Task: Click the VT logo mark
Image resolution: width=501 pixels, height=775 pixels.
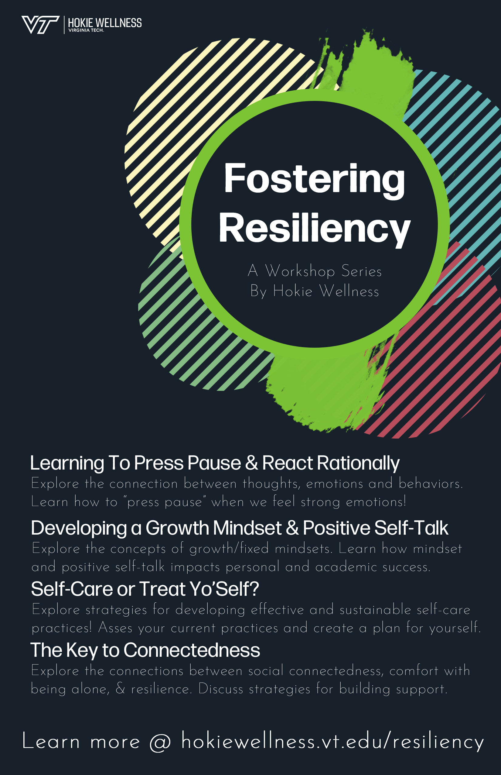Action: pos(40,24)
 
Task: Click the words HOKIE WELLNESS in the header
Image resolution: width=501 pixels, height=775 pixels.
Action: pos(104,23)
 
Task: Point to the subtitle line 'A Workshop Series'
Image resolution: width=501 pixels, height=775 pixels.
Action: pos(314,271)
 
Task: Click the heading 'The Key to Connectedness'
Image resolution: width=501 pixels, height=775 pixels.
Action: pos(145,650)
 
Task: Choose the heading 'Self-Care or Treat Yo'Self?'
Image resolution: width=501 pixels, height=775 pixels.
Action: pos(145,589)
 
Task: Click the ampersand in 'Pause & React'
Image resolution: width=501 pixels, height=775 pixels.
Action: pos(251,463)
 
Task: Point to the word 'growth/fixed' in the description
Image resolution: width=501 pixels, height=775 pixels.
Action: pos(229,549)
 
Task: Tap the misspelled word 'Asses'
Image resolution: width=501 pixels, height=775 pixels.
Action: pos(115,628)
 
